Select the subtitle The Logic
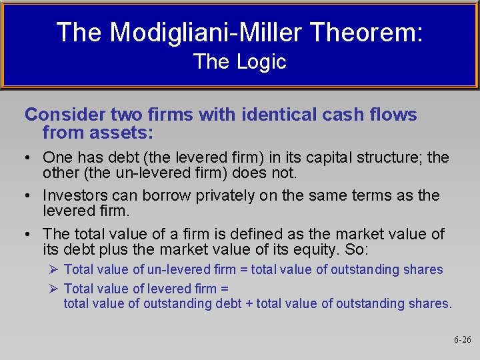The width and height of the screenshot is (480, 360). (x=239, y=62)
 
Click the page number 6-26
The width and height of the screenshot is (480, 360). (x=462, y=339)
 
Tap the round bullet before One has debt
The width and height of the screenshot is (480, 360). (x=29, y=159)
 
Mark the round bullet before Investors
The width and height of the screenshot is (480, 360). (x=29, y=196)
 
